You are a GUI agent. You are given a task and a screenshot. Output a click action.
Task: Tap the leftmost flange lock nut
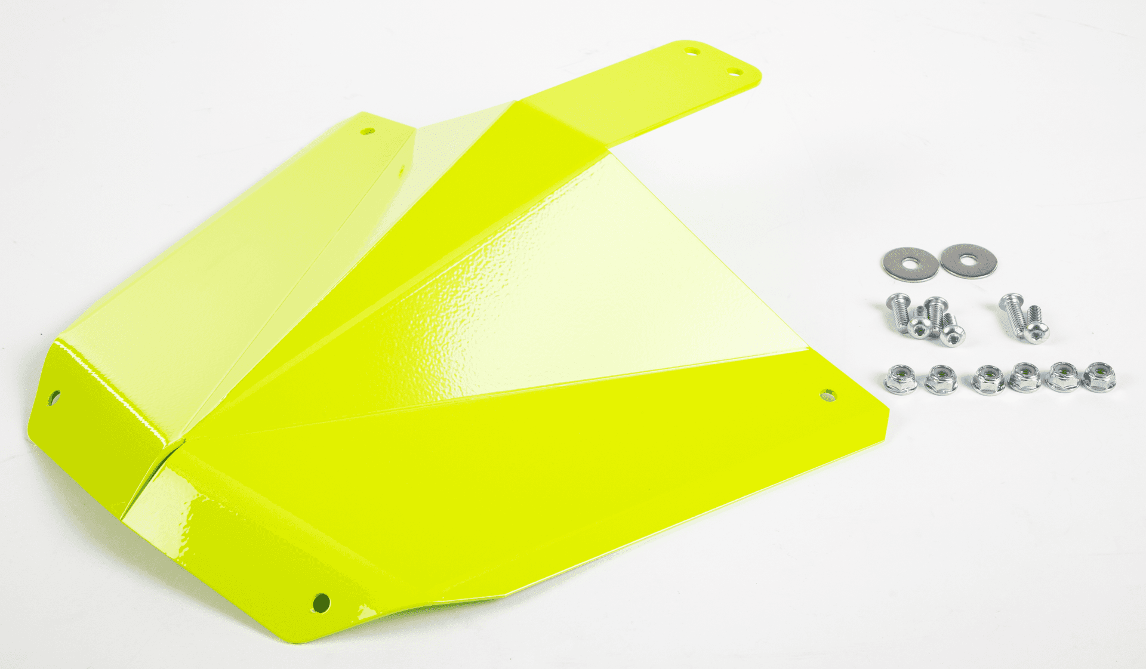tap(900, 380)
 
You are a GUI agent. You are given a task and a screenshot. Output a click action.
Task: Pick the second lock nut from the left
tap(941, 380)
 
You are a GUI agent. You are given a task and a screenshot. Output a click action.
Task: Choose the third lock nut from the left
tap(987, 380)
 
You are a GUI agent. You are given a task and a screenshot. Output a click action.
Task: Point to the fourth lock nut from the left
tap(1024, 378)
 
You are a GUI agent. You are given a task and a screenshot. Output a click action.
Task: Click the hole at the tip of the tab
tap(693, 51)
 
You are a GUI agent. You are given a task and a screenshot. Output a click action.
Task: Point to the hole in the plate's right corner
tap(828, 394)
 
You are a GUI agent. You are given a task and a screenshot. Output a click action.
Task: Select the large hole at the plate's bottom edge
tap(321, 602)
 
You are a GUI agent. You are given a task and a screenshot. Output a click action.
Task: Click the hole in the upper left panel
tap(368, 130)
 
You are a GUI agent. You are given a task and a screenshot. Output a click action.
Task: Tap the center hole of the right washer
tap(968, 260)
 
